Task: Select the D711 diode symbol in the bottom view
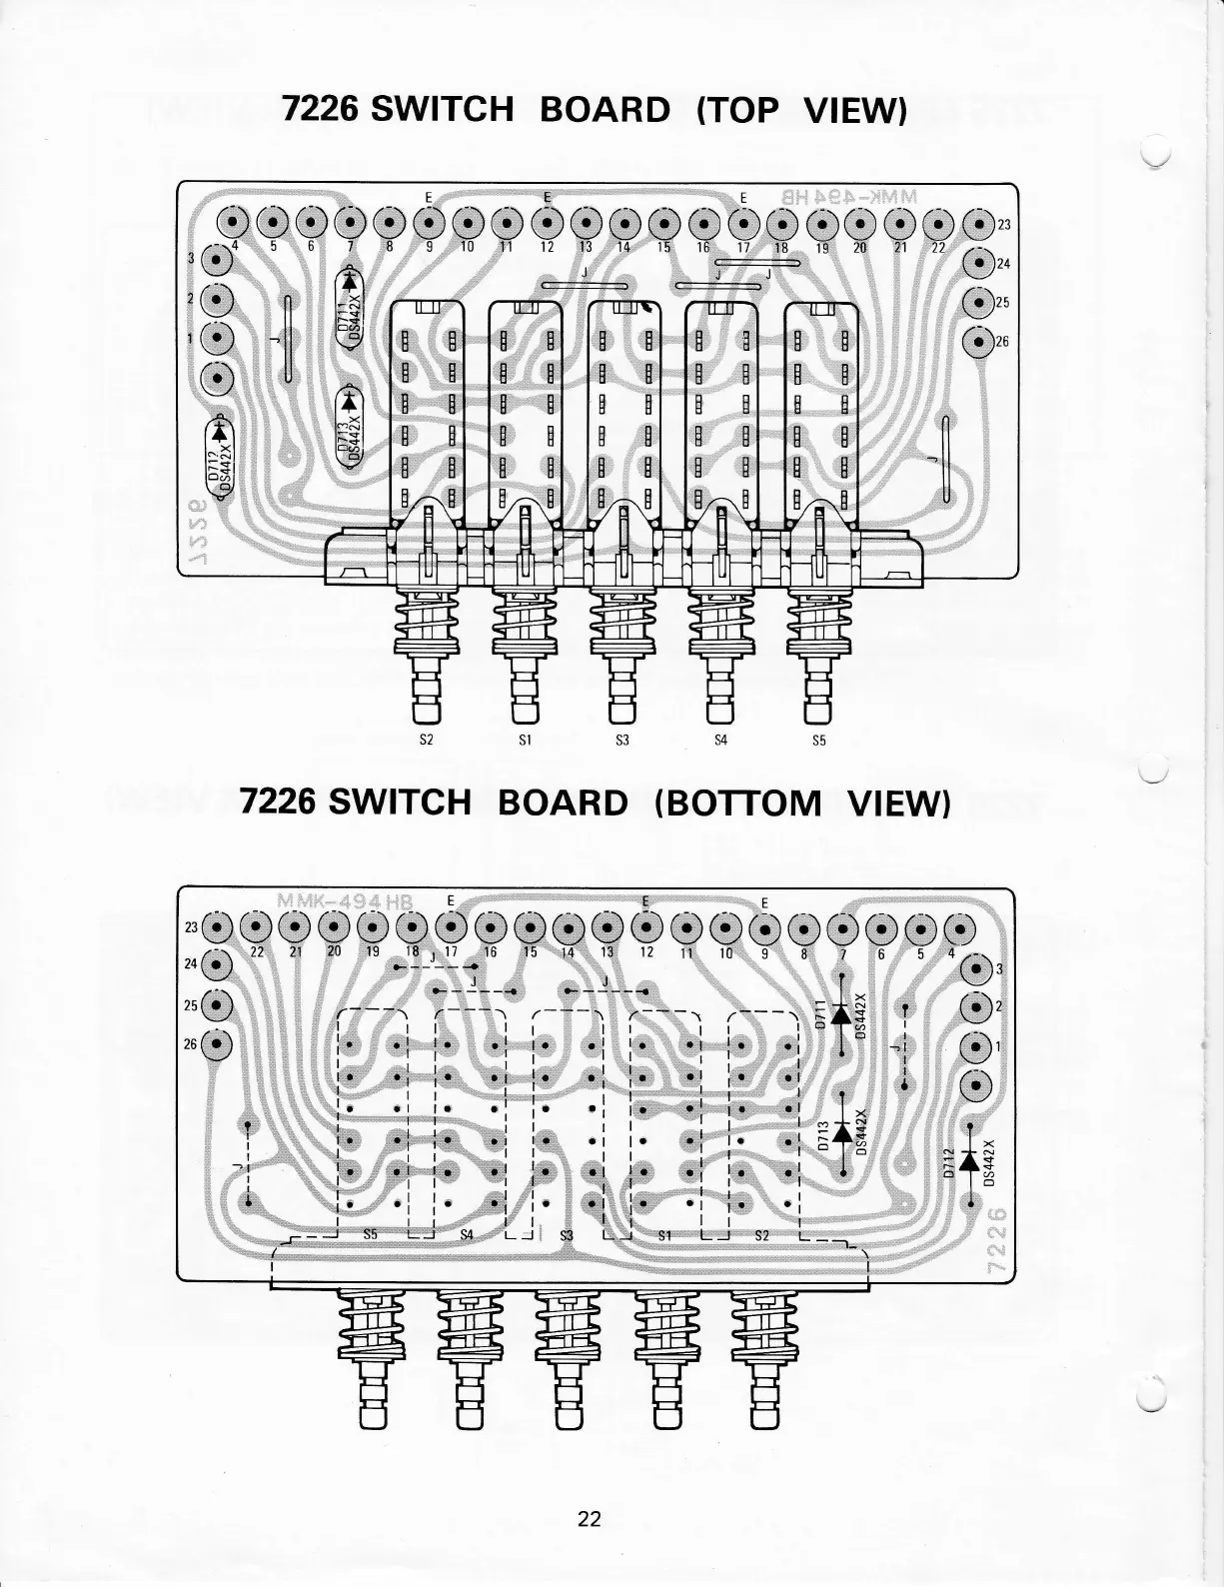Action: click(840, 1014)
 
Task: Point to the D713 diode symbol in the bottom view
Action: click(840, 1132)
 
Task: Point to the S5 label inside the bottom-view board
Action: click(370, 1235)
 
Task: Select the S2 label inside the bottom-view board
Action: click(762, 1235)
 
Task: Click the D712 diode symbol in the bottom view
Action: click(967, 1160)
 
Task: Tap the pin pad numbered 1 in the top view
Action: click(217, 338)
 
